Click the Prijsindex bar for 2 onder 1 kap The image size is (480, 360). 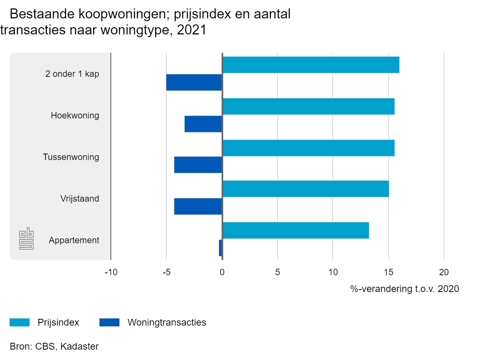311,65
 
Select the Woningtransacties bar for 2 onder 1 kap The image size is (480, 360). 194,82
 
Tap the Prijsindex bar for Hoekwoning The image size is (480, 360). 308,106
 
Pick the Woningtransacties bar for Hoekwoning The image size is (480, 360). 203,124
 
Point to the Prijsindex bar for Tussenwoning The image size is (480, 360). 308,148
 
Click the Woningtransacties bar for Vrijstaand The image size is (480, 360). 198,206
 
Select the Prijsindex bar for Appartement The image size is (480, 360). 296,230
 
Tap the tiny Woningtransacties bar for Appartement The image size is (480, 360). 220,248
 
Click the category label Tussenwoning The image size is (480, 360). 71,157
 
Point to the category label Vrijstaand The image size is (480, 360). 80,199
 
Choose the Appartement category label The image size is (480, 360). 74,240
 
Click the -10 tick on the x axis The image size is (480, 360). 111,272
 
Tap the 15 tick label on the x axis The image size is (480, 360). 388,272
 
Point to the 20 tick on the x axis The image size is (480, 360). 444,272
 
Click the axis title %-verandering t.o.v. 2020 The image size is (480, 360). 404,289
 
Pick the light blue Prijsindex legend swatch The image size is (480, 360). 20,322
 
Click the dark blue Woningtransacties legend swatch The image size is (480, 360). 109,322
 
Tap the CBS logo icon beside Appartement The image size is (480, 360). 27,239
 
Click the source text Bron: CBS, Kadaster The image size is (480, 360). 54,346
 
